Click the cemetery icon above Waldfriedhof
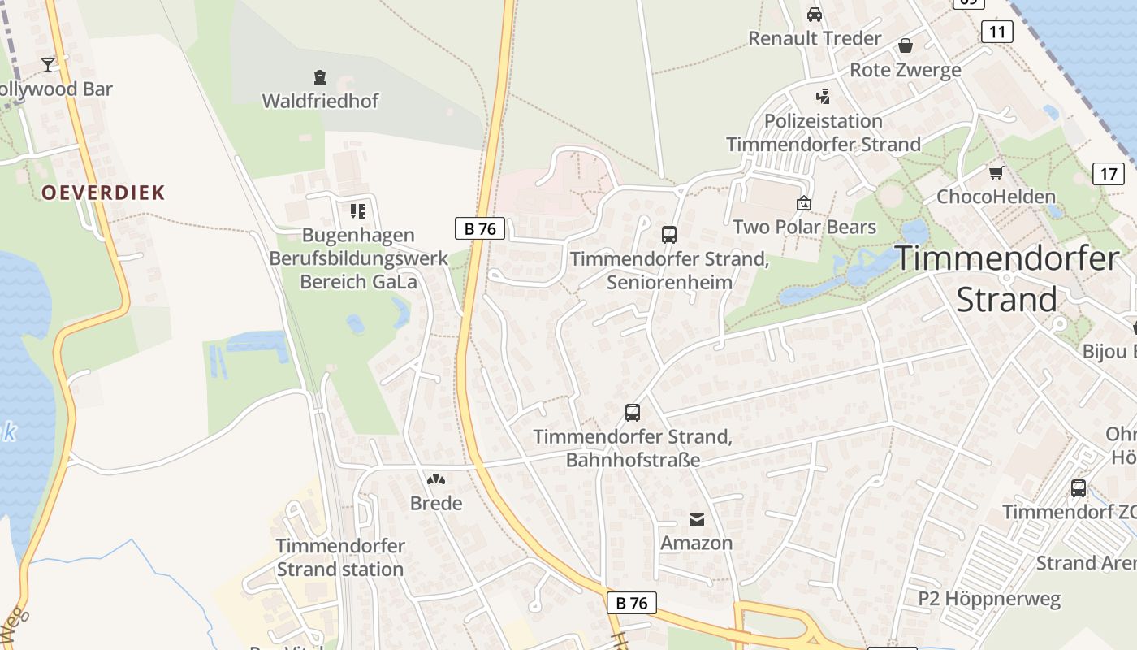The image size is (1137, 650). pyautogui.click(x=319, y=77)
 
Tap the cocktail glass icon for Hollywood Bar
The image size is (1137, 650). pyautogui.click(x=48, y=64)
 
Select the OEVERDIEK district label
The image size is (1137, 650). pyautogui.click(x=103, y=193)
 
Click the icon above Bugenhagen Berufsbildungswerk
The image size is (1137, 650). pyautogui.click(x=358, y=211)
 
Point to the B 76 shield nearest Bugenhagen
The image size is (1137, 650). pyautogui.click(x=479, y=228)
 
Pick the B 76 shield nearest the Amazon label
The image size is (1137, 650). pyautogui.click(x=631, y=603)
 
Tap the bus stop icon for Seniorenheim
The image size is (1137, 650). pyautogui.click(x=669, y=235)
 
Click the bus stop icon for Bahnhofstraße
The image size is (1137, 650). pyautogui.click(x=633, y=413)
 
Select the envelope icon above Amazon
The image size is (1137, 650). pyautogui.click(x=697, y=519)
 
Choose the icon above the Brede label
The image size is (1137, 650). pyautogui.click(x=436, y=479)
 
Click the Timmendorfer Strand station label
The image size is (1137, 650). pyautogui.click(x=340, y=557)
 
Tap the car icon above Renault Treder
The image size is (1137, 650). pyautogui.click(x=815, y=15)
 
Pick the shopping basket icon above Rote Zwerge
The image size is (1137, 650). pyautogui.click(x=906, y=45)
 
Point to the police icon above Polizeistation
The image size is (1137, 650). pyautogui.click(x=824, y=97)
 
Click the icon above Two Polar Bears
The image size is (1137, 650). pyautogui.click(x=804, y=203)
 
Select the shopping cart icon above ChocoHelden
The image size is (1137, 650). pyautogui.click(x=996, y=172)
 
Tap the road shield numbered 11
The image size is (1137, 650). pyautogui.click(x=996, y=32)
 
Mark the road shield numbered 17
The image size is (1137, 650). pyautogui.click(x=1109, y=173)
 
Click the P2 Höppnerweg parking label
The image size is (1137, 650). pyautogui.click(x=989, y=600)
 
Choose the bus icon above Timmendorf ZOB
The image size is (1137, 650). pyautogui.click(x=1079, y=488)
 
